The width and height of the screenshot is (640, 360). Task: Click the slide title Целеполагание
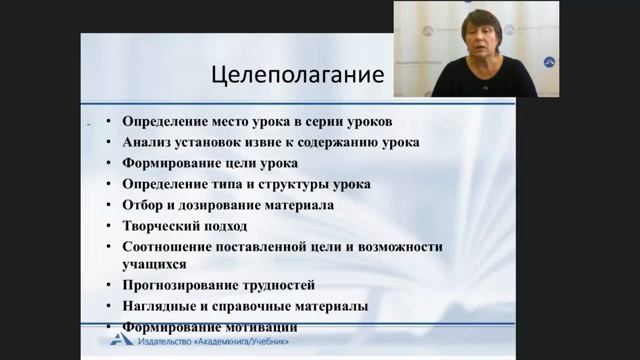300,75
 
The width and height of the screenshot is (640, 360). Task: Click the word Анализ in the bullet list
146,142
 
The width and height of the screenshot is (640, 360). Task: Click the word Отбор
142,205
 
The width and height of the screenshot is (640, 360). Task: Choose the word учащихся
154,265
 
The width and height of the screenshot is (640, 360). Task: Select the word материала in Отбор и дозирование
299,205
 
